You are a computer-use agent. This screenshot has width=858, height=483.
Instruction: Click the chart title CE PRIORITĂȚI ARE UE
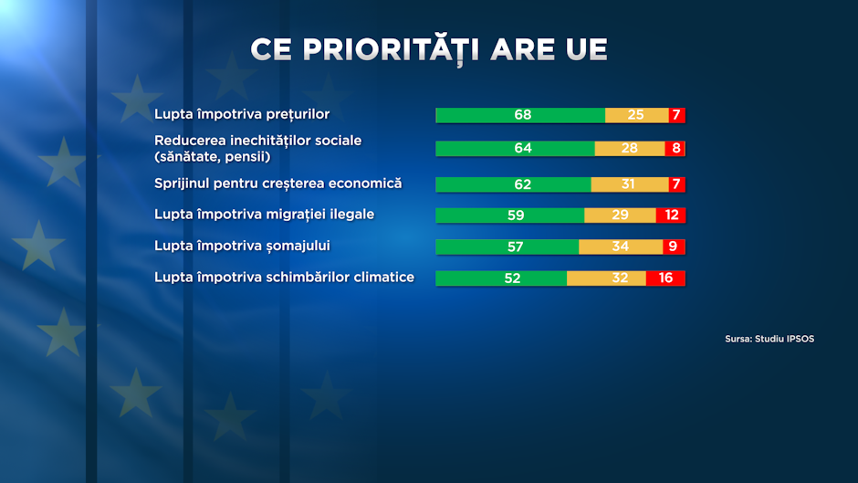pos(429,49)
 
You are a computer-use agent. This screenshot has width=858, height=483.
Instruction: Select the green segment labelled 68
pos(520,115)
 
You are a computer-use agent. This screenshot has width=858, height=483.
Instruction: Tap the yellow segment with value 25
pos(636,115)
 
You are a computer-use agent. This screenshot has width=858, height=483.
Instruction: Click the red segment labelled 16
pos(665,278)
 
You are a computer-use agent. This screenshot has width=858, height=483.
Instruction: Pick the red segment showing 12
pos(670,215)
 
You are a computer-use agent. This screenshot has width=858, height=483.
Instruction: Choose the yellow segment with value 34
pos(621,247)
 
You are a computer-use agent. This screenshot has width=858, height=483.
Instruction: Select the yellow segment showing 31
pos(629,184)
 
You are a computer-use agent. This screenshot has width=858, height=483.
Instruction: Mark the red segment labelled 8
pos(675,148)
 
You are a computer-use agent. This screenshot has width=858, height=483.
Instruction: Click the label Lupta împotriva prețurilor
pos(242,114)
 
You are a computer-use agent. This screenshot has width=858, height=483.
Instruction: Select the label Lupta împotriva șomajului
pos(242,246)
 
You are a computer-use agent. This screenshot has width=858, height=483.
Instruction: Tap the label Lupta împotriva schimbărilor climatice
pos(284,277)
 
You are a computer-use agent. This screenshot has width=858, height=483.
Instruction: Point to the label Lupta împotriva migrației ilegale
pos(265,215)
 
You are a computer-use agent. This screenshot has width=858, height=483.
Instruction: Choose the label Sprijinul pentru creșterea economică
pos(278,184)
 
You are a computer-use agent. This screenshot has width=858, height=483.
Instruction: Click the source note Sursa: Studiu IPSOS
pos(769,339)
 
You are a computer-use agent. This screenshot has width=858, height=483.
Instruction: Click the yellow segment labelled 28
pos(630,148)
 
